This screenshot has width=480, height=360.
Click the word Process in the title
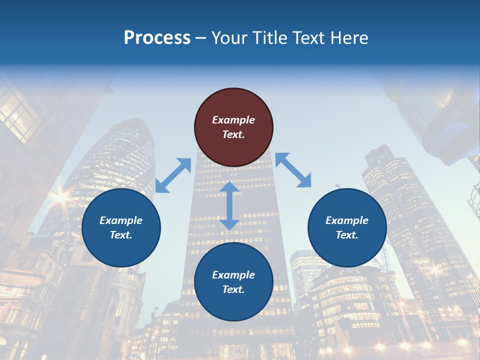point(157,38)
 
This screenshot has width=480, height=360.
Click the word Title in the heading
point(267,38)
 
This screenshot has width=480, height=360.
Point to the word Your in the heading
point(229,38)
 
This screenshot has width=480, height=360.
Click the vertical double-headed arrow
point(229,205)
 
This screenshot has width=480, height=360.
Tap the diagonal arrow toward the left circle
point(173,175)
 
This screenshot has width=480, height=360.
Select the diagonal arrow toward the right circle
point(293,170)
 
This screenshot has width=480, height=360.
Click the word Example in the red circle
point(233,120)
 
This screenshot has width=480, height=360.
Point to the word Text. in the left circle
point(121,235)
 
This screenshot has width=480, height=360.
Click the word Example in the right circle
point(347,220)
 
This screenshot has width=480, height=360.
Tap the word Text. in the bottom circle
point(233,289)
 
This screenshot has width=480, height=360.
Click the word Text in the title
point(309,38)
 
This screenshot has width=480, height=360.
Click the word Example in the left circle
point(121,220)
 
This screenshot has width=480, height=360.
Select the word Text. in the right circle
point(347,235)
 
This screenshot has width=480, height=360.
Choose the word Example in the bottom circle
point(233,275)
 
